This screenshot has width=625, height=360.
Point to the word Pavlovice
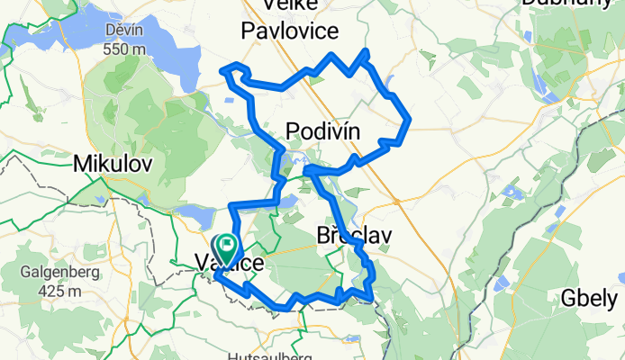290,31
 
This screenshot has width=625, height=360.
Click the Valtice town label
231,264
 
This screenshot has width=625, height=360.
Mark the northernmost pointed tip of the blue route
366,50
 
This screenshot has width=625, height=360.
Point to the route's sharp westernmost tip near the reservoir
223,70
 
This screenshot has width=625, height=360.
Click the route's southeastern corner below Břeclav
371,299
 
